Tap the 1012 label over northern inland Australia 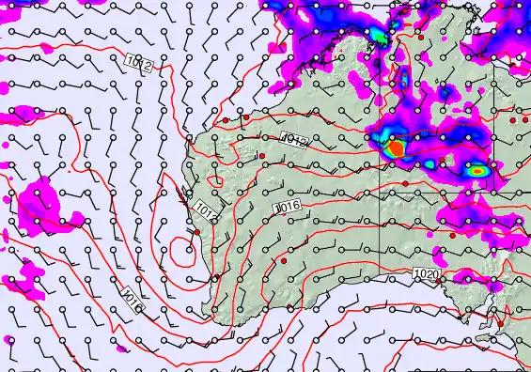[x=294, y=141]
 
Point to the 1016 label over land [x=286, y=207]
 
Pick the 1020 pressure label [x=426, y=273]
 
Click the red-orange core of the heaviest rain [x=396, y=148]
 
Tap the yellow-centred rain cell [x=478, y=172]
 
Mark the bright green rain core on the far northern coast [x=378, y=36]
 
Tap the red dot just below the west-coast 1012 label [x=198, y=231]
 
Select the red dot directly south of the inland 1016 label [x=283, y=258]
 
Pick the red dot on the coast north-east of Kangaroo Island [x=500, y=325]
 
